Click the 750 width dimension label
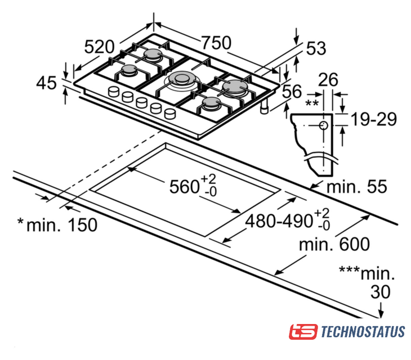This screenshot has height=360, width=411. coord(216,43)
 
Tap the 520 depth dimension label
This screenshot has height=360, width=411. coord(99,47)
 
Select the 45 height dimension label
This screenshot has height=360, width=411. coord(46,83)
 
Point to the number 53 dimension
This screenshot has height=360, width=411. coord(316,48)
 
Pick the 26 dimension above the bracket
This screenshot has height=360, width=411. coord(328,80)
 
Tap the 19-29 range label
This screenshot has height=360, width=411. coord(374,119)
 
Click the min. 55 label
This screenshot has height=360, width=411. coord(357,187)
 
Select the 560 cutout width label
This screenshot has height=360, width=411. coord(193,185)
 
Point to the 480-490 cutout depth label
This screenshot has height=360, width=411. coord(287,220)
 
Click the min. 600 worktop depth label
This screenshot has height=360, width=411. coord(334,244)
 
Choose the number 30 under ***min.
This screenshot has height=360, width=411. coord(381,292)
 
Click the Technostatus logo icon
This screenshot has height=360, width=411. coord(303,332)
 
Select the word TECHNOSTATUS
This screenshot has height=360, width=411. coord(363,332)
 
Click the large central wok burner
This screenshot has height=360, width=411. coord(181,80)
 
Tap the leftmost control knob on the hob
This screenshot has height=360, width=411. coord(114,92)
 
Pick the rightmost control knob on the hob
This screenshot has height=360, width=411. coord(169,114)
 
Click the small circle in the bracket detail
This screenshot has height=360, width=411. coord(324,125)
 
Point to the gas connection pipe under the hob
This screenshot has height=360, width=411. coord(264,107)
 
